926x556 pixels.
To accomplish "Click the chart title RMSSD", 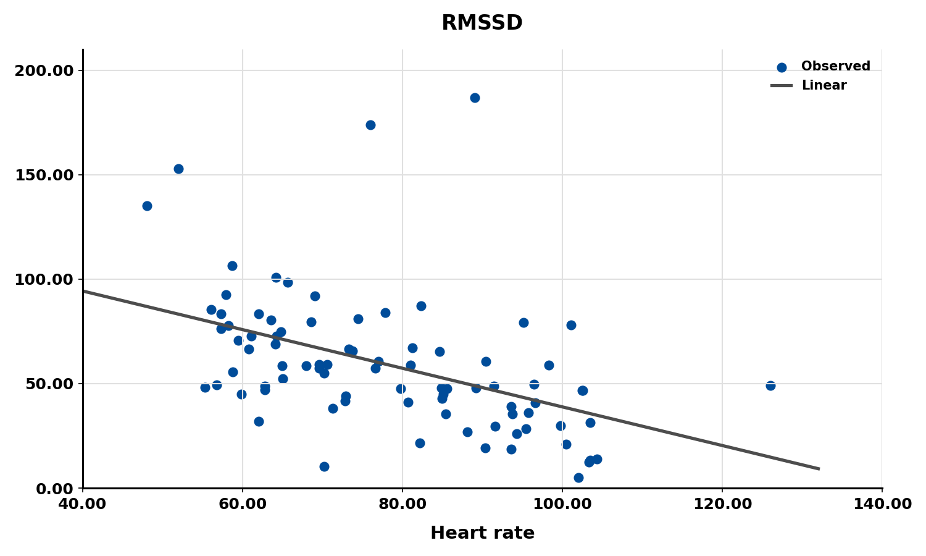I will pos(482,23).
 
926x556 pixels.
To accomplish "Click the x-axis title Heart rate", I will pos(482,533).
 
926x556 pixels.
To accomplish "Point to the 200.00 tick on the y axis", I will pos(44,70).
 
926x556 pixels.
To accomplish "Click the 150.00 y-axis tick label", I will pos(44,175).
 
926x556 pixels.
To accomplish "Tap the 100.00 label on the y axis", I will pos(44,279).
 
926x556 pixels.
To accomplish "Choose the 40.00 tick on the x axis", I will pos(83,504).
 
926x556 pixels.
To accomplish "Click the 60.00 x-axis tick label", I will pos(243,504).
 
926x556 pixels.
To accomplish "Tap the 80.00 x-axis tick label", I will pos(403,504).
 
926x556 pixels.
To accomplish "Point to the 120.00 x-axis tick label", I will pos(722,504).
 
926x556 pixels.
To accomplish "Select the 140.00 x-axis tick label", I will pos(882,504).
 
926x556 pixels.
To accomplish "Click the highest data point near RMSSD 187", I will pos(475,98).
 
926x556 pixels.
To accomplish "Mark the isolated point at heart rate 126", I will pos(770,385).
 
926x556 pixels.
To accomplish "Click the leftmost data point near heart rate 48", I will pos(147,206).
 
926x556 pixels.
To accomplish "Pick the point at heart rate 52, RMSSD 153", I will pos(178,169).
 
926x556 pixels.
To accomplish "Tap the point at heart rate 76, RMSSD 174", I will pos(370,125).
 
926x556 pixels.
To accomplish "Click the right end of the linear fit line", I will pos(819,469).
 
